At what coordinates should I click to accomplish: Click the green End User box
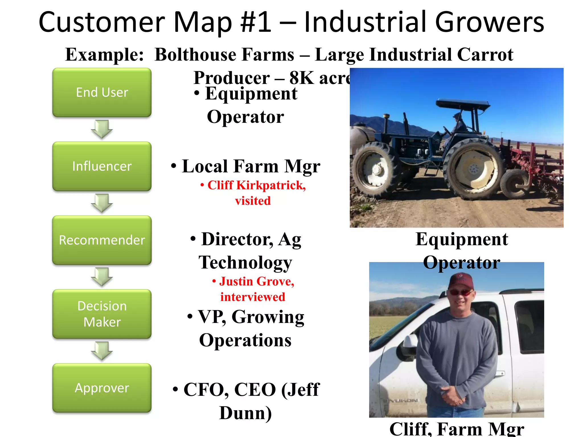(x=102, y=92)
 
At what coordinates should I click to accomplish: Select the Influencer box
(x=102, y=166)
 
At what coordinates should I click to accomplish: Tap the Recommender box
(x=102, y=240)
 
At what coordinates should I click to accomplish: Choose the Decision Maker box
(x=102, y=314)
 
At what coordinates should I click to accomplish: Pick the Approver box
(x=102, y=388)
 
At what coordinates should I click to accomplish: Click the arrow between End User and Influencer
(x=102, y=129)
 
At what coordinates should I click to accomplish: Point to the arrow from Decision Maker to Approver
(x=102, y=351)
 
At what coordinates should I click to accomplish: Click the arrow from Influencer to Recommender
(x=102, y=203)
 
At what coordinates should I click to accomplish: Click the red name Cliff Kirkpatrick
(x=256, y=185)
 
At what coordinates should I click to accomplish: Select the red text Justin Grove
(x=256, y=281)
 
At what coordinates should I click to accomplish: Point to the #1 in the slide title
(x=256, y=22)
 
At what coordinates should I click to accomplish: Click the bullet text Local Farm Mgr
(x=251, y=166)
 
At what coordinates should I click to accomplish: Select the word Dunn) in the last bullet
(x=245, y=413)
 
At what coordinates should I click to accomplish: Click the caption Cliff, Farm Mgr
(x=457, y=429)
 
